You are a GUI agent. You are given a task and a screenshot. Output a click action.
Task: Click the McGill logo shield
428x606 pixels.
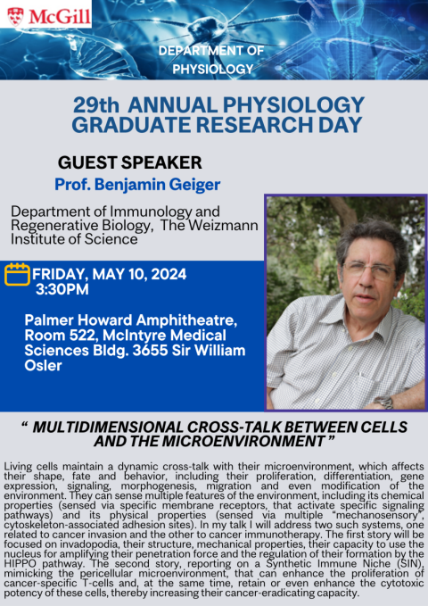(x=15, y=16)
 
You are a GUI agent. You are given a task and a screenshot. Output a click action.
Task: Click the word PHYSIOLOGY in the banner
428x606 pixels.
(x=213, y=70)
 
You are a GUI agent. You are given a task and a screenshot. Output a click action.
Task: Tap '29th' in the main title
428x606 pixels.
(x=96, y=105)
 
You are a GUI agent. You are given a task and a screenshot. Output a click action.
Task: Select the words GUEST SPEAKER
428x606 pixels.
(x=130, y=162)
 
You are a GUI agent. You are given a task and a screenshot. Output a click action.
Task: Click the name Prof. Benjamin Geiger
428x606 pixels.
(x=137, y=185)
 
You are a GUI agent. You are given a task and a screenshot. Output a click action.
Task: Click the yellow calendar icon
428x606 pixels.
(x=17, y=274)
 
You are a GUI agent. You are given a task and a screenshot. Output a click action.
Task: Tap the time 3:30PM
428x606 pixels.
(x=62, y=289)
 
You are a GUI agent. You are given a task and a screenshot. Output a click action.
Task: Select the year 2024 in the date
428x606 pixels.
(x=169, y=274)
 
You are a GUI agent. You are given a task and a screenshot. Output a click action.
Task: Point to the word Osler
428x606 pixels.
(x=44, y=366)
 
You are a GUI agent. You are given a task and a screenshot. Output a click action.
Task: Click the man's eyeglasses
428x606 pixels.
(x=368, y=270)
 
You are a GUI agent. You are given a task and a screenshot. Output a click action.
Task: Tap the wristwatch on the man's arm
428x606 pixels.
(x=383, y=402)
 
